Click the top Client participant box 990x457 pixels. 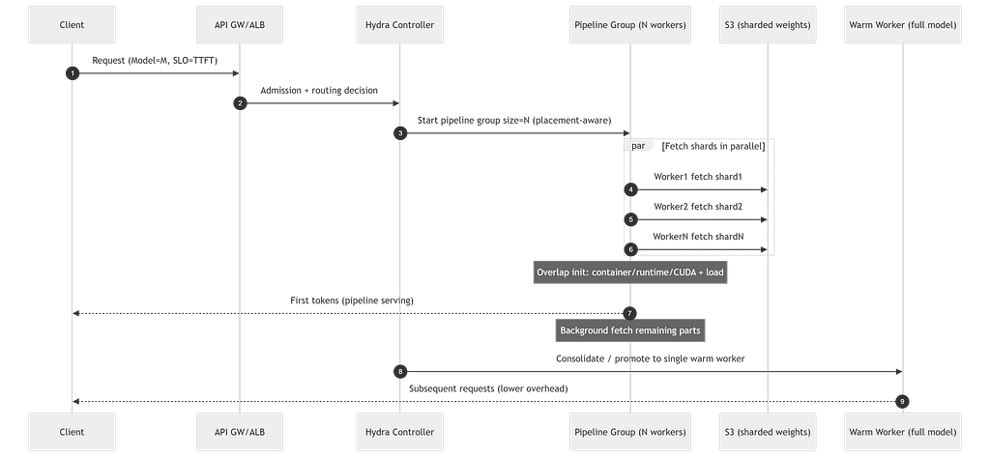[72, 24]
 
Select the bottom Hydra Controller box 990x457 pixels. [399, 432]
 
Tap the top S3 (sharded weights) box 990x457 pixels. [768, 24]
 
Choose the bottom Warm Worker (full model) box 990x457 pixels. [903, 432]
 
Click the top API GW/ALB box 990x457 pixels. [240, 24]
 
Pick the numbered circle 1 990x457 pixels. [73, 73]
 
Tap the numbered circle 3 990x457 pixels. [400, 133]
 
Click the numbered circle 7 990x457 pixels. [629, 313]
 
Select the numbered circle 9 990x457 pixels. [902, 402]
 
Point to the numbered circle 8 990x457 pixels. [400, 372]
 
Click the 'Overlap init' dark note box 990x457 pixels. [630, 272]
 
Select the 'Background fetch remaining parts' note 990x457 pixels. [630, 330]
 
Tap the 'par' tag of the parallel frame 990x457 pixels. [638, 146]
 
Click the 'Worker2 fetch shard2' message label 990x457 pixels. [698, 207]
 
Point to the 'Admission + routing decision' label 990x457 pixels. [319, 90]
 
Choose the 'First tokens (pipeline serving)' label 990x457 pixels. [352, 300]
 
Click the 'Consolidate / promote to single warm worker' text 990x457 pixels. [651, 358]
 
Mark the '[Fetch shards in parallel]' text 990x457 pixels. [713, 147]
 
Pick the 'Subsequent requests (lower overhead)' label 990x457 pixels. [488, 388]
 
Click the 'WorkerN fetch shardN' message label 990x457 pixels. [698, 237]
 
